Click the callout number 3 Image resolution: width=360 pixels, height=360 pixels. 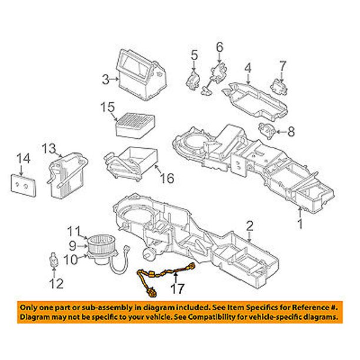(x=105, y=79)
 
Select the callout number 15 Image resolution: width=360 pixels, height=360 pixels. (x=106, y=108)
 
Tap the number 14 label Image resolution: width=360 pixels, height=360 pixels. (x=22, y=158)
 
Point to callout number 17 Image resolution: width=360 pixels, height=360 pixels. (x=177, y=289)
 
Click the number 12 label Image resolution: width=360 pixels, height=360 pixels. (x=55, y=285)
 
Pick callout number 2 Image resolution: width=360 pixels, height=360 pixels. (x=249, y=225)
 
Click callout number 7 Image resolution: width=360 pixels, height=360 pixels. (x=282, y=64)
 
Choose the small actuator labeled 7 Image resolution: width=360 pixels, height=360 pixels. (x=276, y=84)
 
